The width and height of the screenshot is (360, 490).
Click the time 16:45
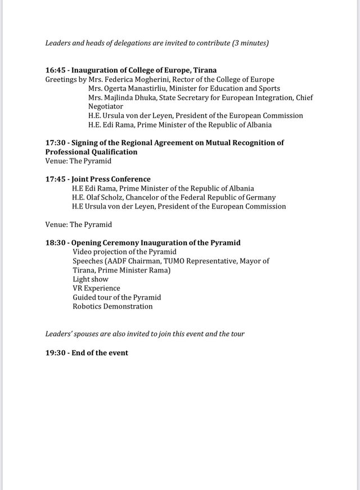55,70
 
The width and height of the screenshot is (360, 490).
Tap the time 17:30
55,143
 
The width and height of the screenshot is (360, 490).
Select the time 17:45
55,179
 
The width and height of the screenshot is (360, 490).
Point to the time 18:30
55,243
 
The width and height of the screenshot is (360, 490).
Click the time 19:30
55,353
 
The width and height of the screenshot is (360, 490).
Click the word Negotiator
108,107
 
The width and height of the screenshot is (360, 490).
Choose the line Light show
90,279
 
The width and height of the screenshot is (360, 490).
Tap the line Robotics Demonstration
112,307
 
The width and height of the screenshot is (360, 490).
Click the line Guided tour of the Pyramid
117,297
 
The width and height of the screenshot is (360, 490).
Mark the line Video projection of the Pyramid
124,252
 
